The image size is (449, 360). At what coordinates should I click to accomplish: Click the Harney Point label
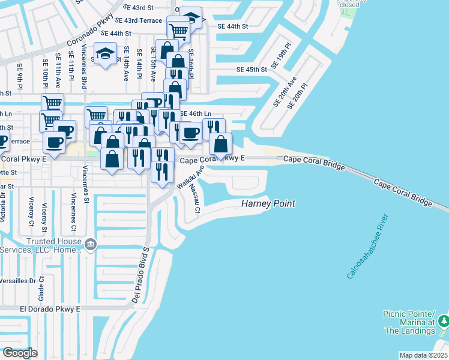(268, 204)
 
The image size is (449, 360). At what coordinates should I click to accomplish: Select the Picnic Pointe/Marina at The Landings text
(409, 323)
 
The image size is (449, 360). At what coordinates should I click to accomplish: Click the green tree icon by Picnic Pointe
(443, 322)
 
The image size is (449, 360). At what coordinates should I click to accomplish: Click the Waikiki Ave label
(191, 178)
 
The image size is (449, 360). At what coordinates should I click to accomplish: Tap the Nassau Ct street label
(194, 199)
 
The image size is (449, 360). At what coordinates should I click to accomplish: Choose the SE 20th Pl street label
(298, 96)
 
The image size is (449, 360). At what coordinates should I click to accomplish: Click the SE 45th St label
(251, 70)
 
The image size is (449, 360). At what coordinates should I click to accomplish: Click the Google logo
(20, 353)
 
